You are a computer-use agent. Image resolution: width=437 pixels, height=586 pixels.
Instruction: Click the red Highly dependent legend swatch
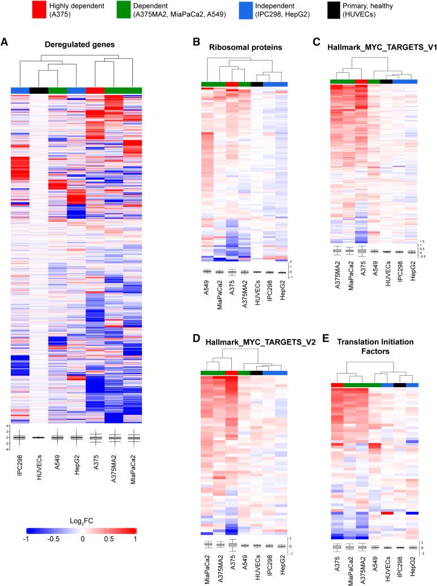[x=39, y=12]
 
